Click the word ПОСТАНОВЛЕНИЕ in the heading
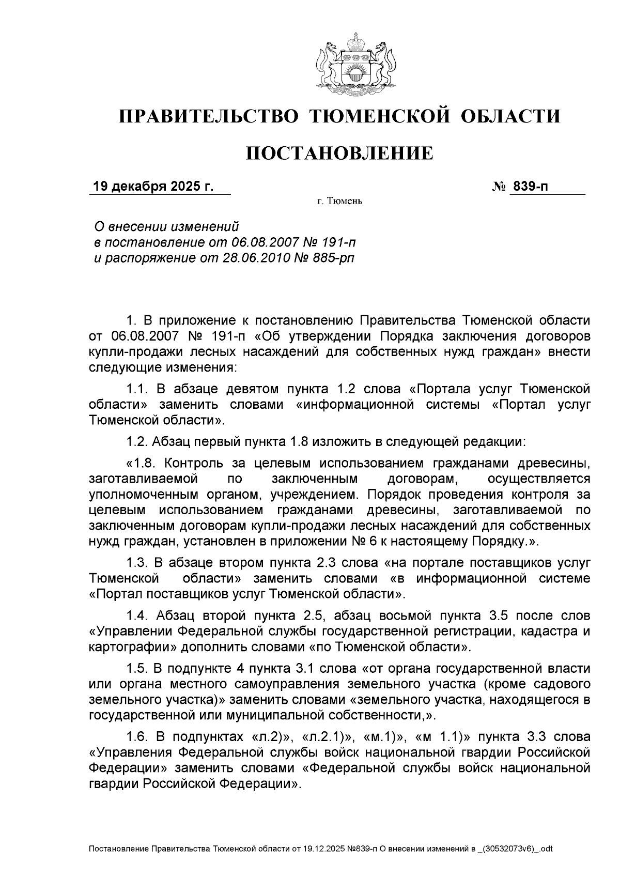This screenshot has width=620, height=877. pyautogui.click(x=339, y=153)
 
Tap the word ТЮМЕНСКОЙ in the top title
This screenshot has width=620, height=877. pyautogui.click(x=379, y=116)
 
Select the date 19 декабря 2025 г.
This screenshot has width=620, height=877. pyautogui.click(x=153, y=187)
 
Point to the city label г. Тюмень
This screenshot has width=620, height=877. pyautogui.click(x=339, y=201)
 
